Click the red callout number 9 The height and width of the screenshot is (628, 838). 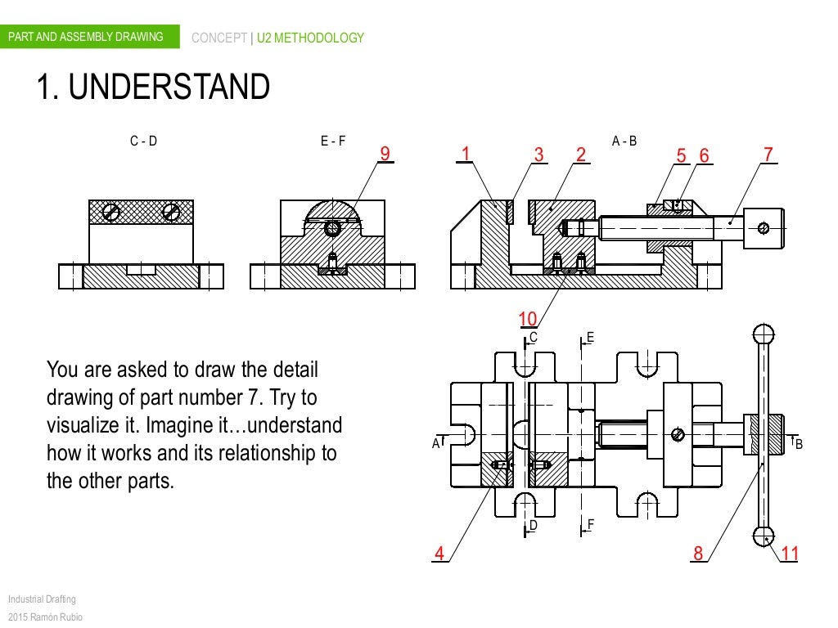pos(385,155)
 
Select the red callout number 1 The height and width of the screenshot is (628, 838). pos(466,155)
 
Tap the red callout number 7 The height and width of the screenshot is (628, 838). pos(768,155)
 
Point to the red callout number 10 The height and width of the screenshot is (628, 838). pos(528,319)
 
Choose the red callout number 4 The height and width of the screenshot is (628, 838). pos(439,554)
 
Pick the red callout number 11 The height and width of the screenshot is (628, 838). pos(789,554)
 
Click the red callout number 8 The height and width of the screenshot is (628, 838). pos(698,554)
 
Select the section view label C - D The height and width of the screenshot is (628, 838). pos(143,141)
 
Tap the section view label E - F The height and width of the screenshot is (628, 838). pos(333,141)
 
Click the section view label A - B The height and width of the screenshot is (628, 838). pos(624,141)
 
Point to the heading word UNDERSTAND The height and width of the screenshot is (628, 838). pos(169,88)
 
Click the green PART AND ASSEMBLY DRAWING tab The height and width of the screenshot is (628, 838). pos(86,37)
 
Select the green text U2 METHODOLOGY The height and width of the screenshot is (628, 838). pos(310,38)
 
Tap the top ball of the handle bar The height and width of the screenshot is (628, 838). pos(764,334)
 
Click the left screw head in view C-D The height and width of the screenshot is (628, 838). pos(111,213)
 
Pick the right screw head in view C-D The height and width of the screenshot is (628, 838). pos(171,212)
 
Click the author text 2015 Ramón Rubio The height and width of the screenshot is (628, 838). pos(45,617)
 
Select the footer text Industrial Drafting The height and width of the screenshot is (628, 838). pos(42,599)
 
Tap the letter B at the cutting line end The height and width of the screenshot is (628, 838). pos(799,444)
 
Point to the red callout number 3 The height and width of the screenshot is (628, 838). pos(538,155)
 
